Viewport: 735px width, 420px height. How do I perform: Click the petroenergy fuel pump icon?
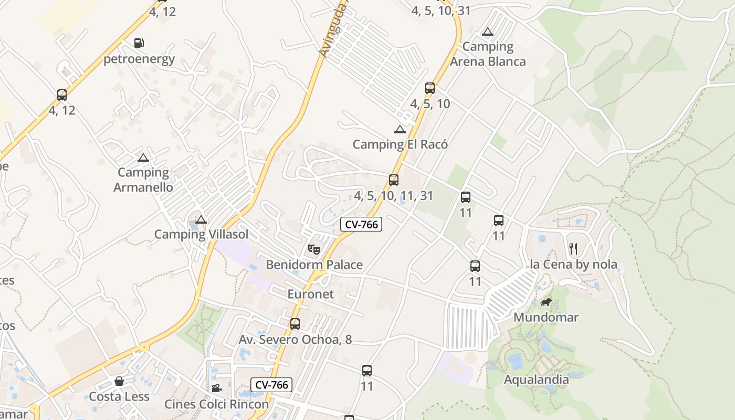(139, 43)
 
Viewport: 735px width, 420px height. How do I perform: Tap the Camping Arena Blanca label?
(488, 54)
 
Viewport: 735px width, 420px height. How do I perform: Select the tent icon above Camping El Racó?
(400, 129)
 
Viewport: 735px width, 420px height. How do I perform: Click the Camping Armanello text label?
(143, 180)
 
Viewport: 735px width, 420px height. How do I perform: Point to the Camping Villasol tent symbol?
(201, 219)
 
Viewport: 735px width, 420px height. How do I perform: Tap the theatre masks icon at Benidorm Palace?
(314, 249)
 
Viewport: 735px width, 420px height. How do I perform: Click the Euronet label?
(310, 294)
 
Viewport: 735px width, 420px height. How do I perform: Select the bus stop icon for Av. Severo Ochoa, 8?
(295, 324)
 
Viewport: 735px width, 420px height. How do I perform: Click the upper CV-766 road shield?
(361, 225)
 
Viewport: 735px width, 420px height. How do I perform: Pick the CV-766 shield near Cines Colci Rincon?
(271, 385)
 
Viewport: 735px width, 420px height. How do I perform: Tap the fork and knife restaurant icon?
(573, 248)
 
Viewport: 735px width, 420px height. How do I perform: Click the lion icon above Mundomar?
(546, 302)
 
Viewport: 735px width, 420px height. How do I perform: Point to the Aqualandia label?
(536, 380)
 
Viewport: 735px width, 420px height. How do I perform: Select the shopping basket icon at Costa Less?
(119, 381)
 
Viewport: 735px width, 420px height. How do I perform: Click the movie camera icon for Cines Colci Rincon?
(216, 388)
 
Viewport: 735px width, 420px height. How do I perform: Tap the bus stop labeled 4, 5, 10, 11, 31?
(394, 180)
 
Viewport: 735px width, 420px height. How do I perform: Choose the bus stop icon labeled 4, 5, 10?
(430, 88)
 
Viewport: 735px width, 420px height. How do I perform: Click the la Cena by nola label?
(574, 265)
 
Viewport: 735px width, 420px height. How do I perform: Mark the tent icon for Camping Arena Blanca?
(488, 31)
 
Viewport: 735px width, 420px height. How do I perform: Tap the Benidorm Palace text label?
(314, 265)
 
